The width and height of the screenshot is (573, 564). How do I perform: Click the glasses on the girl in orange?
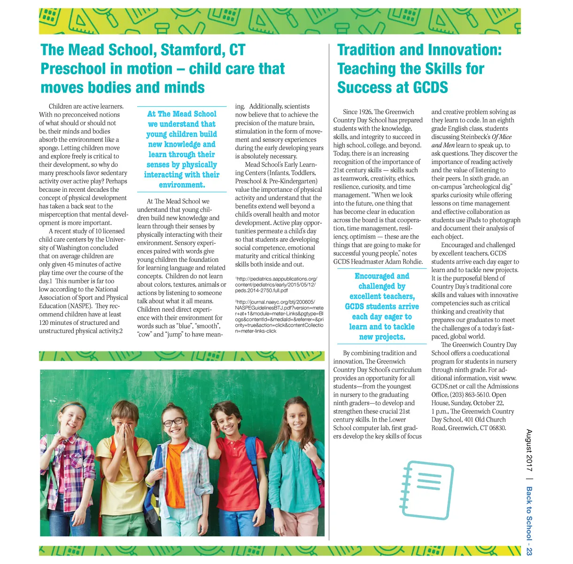[x=174, y=422]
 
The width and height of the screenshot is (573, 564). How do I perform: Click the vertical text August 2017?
[x=529, y=451]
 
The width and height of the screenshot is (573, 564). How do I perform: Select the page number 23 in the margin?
[x=529, y=551]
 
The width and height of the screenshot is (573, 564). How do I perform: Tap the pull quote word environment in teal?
[x=182, y=185]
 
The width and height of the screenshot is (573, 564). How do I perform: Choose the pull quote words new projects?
[x=382, y=337]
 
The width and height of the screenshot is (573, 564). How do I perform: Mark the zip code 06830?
[x=496, y=428]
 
